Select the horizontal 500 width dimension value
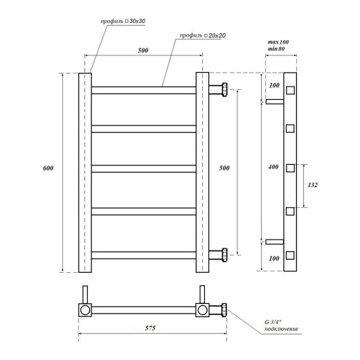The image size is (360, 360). [x=143, y=50]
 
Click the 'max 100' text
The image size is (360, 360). [x=278, y=43]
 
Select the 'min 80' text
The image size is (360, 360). [x=278, y=51]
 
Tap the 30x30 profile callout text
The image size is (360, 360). [x=123, y=22]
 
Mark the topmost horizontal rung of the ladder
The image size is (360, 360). [x=143, y=89]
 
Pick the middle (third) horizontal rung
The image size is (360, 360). [x=143, y=168]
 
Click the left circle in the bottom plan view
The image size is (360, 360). [x=83, y=310]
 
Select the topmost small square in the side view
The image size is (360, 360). [x=290, y=89]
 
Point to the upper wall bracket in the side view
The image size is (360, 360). [x=275, y=102]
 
